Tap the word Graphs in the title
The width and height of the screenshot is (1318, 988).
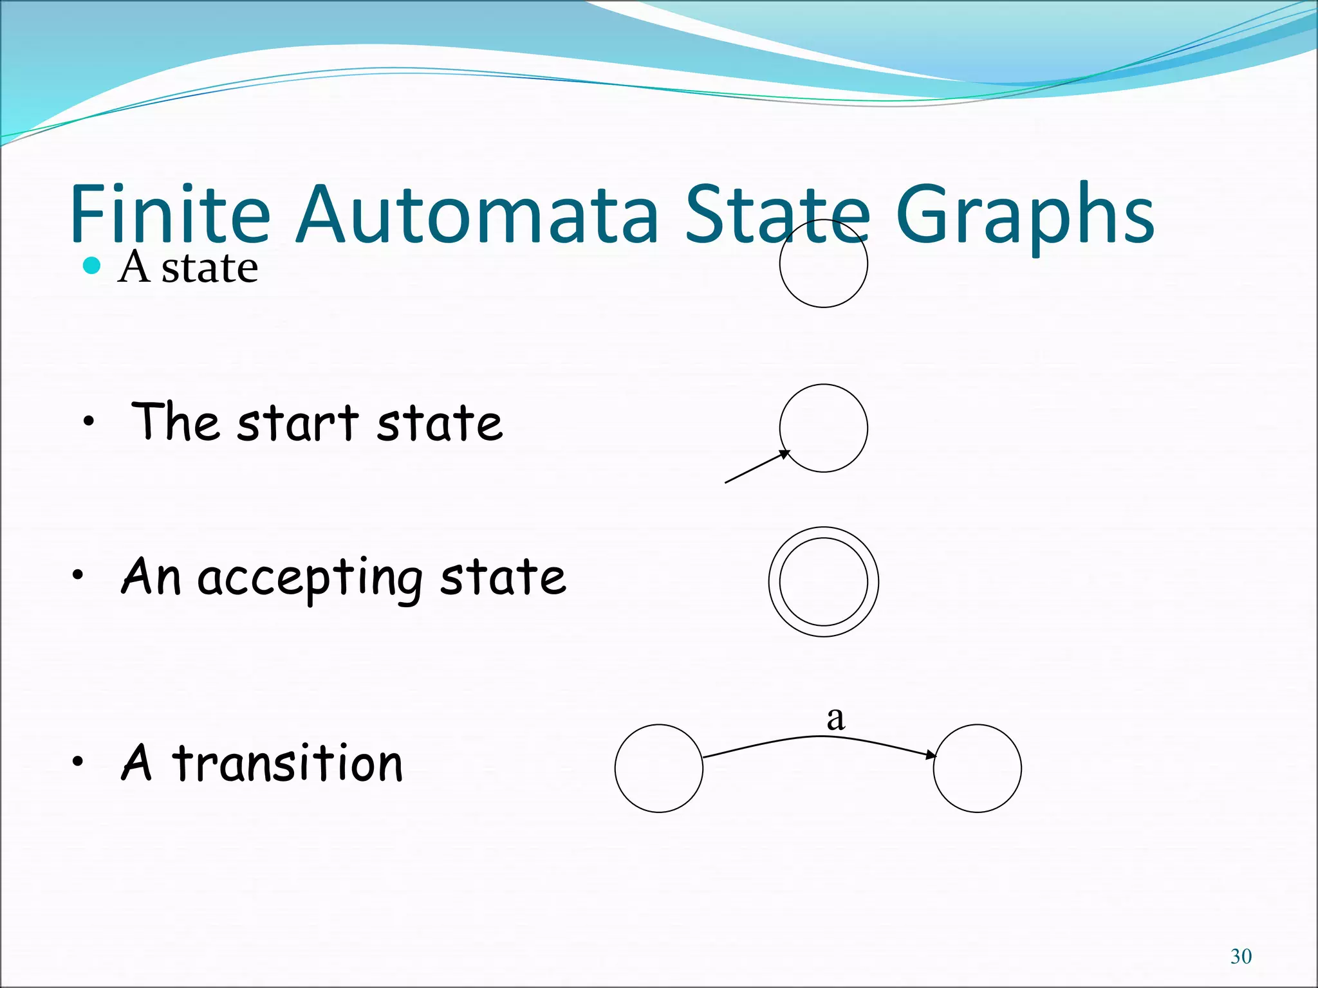1025,215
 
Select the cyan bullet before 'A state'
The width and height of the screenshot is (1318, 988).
93,265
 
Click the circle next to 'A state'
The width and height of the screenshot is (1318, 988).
823,263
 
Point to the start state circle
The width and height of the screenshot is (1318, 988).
823,428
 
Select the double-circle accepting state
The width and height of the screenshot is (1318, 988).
823,581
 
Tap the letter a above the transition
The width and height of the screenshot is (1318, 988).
835,718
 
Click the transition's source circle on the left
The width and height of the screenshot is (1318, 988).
658,768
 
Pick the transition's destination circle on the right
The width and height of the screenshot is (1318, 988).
977,768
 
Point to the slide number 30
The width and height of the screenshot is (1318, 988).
1241,956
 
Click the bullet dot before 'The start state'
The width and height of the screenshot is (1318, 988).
89,423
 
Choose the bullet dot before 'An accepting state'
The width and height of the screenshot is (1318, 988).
78,576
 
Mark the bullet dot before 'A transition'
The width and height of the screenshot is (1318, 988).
78,762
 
